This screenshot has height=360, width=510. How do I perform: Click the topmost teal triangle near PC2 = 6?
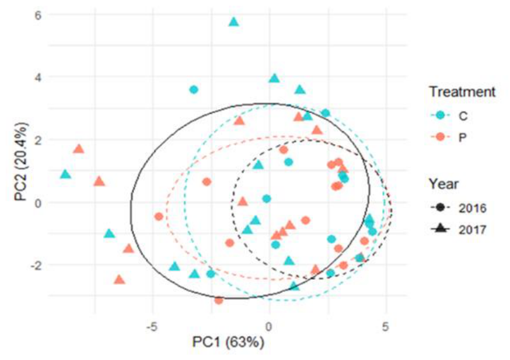coord(234,21)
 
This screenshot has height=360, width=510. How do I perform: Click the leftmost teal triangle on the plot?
coord(66,174)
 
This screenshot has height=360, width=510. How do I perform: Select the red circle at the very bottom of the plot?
coord(219,301)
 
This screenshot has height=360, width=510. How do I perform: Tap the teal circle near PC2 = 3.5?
coord(194,90)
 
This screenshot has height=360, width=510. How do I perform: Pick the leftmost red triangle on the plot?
coord(79,149)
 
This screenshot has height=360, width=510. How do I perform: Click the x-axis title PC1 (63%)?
coord(228,342)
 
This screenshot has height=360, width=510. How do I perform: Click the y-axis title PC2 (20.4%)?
coord(21,162)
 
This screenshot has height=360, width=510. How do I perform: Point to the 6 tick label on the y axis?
coord(38,15)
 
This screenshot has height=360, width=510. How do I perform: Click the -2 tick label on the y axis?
coord(36,266)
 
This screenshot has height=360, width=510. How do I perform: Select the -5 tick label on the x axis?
coord(152,327)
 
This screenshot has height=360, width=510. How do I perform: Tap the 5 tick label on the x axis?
coord(386,327)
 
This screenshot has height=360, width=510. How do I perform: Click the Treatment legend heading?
coord(463,92)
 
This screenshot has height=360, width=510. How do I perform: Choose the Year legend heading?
coord(444,184)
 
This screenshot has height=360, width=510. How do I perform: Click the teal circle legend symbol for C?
coord(440,115)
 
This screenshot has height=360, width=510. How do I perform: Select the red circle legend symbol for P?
coord(440,137)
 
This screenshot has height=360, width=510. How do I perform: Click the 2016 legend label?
coord(473,208)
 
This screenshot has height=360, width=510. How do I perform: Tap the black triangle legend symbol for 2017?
coord(440,229)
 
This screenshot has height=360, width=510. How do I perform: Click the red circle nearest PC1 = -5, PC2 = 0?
coord(159,217)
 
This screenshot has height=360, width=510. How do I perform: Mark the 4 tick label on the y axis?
coord(38,78)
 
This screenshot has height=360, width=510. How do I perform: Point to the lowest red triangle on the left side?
coord(119,279)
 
